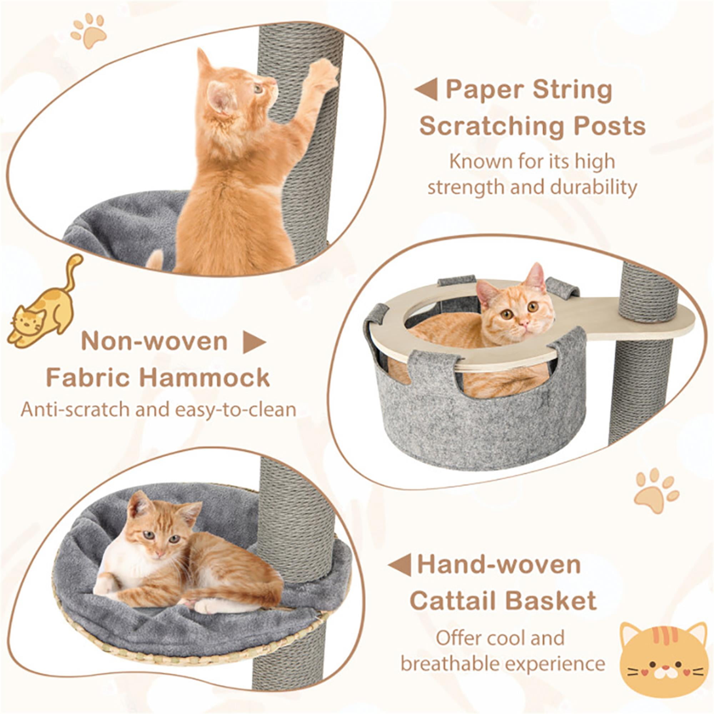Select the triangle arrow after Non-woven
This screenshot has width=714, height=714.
pos(254,342)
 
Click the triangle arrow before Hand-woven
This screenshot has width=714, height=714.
pos(401,565)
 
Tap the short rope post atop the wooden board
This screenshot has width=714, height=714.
pos(649,292)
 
